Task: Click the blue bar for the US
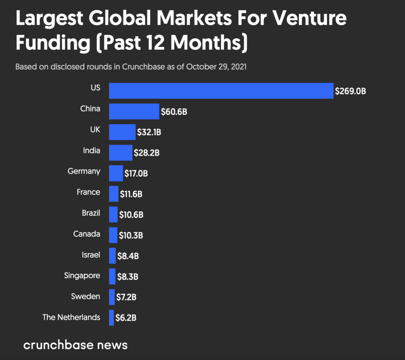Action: [221, 91]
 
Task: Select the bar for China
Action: [134, 111]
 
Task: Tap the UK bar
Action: [122, 132]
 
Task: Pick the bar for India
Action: [120, 153]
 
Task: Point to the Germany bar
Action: [115, 173]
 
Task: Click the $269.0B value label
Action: [350, 91]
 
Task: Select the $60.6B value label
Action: [174, 112]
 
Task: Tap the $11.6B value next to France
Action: [131, 194]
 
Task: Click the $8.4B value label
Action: [128, 256]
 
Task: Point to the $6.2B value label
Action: [126, 318]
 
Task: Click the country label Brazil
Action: [91, 213]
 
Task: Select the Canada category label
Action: [87, 234]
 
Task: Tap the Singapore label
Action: [82, 275]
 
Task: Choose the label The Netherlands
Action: [71, 317]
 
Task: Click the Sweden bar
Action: [112, 297]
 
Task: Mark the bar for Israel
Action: [112, 256]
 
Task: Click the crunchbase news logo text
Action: [75, 345]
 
